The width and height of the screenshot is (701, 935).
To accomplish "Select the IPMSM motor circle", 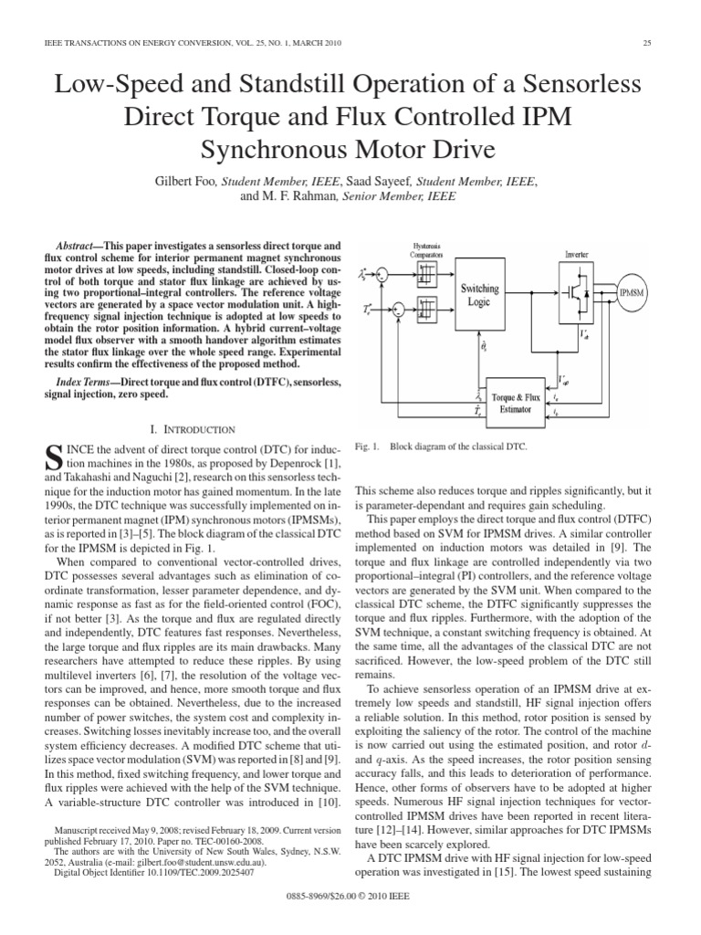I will click(x=631, y=292).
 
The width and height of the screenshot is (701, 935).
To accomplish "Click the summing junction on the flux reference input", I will click(x=382, y=274).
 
